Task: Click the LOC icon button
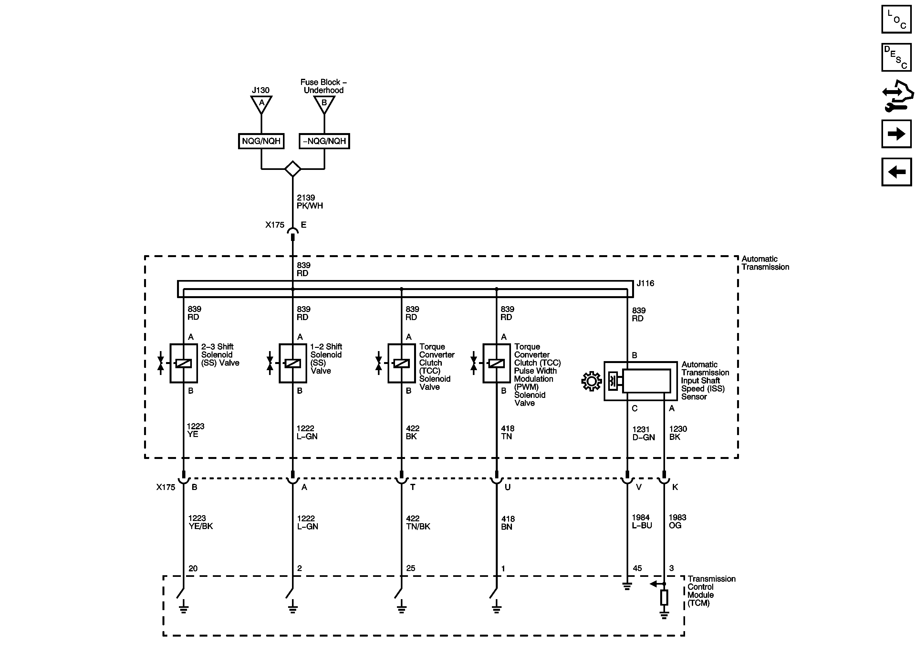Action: [x=896, y=19]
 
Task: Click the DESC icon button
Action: [x=896, y=57]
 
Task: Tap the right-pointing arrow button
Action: [x=896, y=134]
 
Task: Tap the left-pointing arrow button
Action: [x=896, y=172]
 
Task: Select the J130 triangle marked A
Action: [x=261, y=104]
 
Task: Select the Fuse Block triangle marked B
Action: [x=324, y=104]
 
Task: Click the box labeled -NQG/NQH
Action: [x=324, y=141]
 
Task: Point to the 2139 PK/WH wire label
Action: [x=310, y=202]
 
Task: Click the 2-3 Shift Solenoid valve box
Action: [x=183, y=363]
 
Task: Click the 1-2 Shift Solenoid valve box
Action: [x=292, y=363]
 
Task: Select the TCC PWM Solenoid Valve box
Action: [x=496, y=363]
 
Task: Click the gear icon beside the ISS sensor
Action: [x=591, y=381]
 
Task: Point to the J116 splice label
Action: [x=645, y=283]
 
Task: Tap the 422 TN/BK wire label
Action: [x=418, y=522]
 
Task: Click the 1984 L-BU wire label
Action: [x=641, y=521]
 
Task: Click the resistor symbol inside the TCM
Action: [x=664, y=598]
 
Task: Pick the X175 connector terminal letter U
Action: [x=507, y=487]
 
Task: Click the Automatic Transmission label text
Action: [x=765, y=263]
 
